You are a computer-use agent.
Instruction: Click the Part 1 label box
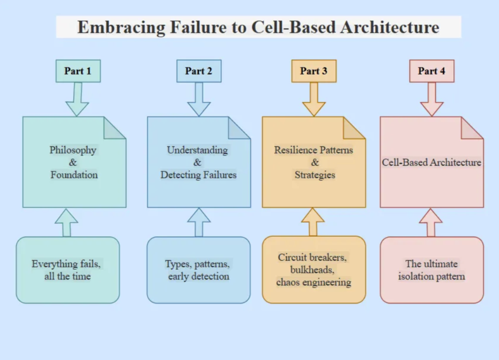pos(78,71)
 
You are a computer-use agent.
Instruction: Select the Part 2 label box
pos(199,71)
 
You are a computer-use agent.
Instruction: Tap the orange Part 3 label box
pos(313,71)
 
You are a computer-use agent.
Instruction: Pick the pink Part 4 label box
pos(431,71)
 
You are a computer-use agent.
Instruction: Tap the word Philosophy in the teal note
pos(73,150)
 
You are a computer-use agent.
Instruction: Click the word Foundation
pos(74,175)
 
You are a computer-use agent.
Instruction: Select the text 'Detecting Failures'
pos(198,175)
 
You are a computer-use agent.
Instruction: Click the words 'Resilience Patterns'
pos(313,150)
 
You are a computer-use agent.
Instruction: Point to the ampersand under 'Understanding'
pos(197,163)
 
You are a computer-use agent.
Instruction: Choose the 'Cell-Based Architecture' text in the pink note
pos(431,163)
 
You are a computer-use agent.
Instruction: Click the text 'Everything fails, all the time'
pos(67,270)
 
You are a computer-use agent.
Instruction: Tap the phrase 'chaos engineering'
pos(313,283)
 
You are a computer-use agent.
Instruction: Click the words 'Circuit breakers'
pos(313,257)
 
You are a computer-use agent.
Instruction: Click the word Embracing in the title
pos(121,27)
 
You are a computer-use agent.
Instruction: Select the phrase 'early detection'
pos(198,276)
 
